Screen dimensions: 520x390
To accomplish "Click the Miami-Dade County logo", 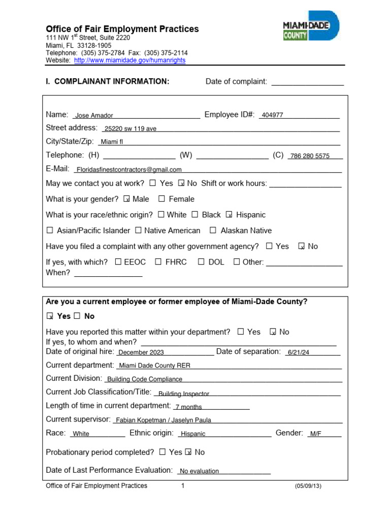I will [x=311, y=26].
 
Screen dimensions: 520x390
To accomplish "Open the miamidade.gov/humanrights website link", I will [x=129, y=60].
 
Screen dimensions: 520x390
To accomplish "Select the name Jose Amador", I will [x=94, y=116].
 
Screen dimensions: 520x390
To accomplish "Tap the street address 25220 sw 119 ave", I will [x=130, y=129].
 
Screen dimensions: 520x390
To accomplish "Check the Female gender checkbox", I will [x=161, y=199].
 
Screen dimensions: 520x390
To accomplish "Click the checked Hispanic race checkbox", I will [x=229, y=215].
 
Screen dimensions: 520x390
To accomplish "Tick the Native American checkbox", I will [x=138, y=231].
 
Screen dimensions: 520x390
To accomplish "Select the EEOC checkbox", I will [x=118, y=262].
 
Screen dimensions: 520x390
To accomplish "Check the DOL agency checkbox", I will [x=201, y=262].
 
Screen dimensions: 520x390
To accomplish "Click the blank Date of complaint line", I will [x=307, y=82].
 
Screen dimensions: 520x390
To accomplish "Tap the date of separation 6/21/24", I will [x=298, y=352].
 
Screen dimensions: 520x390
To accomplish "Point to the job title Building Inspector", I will [x=184, y=394].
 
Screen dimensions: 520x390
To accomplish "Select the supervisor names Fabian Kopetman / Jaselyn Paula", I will [x=163, y=420].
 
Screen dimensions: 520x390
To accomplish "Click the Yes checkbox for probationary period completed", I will [x=162, y=452].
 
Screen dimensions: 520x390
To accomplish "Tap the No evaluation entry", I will [x=200, y=471].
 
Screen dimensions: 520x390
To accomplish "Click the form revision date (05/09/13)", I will [x=308, y=486].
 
